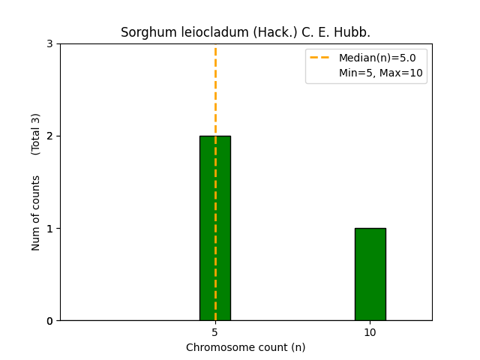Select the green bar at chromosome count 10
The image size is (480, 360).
pyautogui.click(x=370, y=274)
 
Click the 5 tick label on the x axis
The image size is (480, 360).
pyautogui.click(x=215, y=332)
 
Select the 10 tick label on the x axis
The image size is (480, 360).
pyautogui.click(x=370, y=332)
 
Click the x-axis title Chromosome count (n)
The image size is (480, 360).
pyautogui.click(x=246, y=347)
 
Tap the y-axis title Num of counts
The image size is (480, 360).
pyautogui.click(x=36, y=213)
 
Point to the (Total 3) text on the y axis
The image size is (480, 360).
pyautogui.click(x=36, y=134)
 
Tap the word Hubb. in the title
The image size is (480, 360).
pyautogui.click(x=353, y=33)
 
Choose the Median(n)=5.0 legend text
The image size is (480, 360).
pyautogui.click(x=376, y=58)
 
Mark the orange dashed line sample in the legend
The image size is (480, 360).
pyautogui.click(x=320, y=58)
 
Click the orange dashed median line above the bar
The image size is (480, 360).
pyautogui.click(x=215, y=90)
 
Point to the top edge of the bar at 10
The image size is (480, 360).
pyautogui.click(x=370, y=229)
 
